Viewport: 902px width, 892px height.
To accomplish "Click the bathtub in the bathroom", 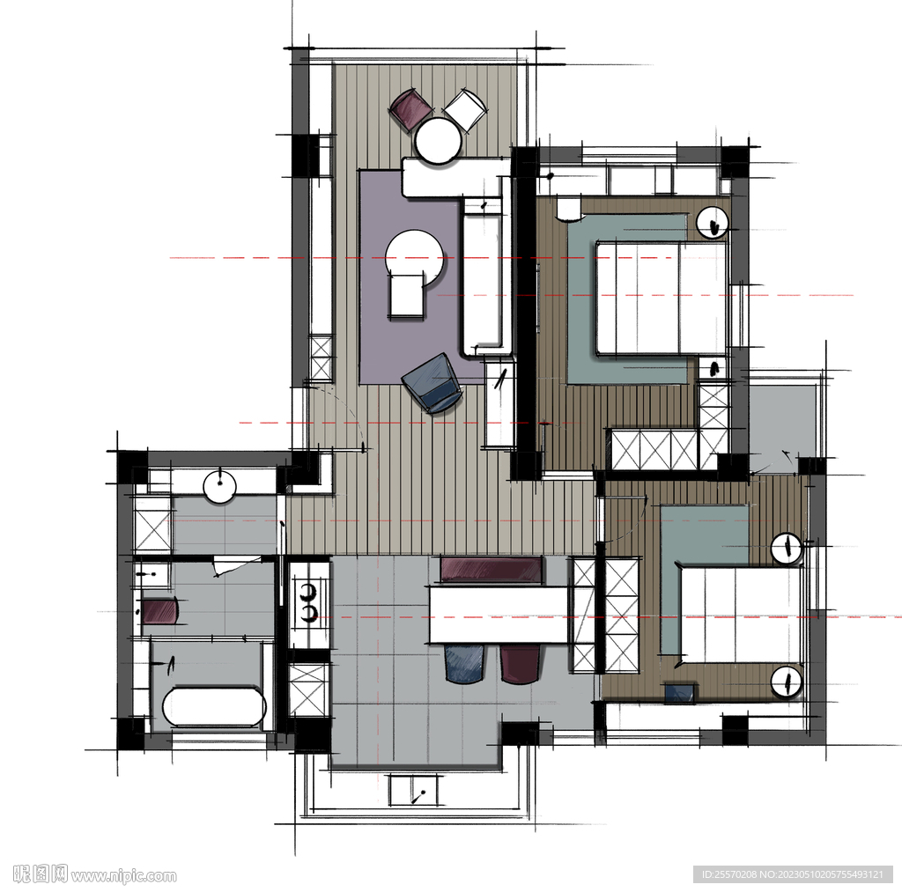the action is (x=214, y=706).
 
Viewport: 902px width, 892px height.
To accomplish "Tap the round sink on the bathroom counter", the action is (x=219, y=486).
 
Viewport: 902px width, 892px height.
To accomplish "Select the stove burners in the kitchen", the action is (x=309, y=602).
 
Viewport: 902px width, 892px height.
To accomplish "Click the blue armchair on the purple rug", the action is (x=433, y=383).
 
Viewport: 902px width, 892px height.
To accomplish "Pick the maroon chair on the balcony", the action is (x=410, y=108).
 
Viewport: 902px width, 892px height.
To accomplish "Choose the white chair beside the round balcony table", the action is (x=465, y=109).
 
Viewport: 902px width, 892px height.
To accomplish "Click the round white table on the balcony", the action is (x=439, y=141).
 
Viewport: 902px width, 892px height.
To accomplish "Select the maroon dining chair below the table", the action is (x=520, y=663).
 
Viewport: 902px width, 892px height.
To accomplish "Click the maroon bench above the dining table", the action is (x=492, y=570).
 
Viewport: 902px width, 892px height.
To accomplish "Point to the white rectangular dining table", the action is (x=499, y=614).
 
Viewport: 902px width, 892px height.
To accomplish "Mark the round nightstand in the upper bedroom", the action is (x=713, y=222).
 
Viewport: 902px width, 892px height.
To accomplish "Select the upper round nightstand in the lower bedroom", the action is (x=787, y=548).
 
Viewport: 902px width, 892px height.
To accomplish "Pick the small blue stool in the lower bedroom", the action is (x=679, y=692).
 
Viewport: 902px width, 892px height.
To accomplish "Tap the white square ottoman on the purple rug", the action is (x=407, y=296).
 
